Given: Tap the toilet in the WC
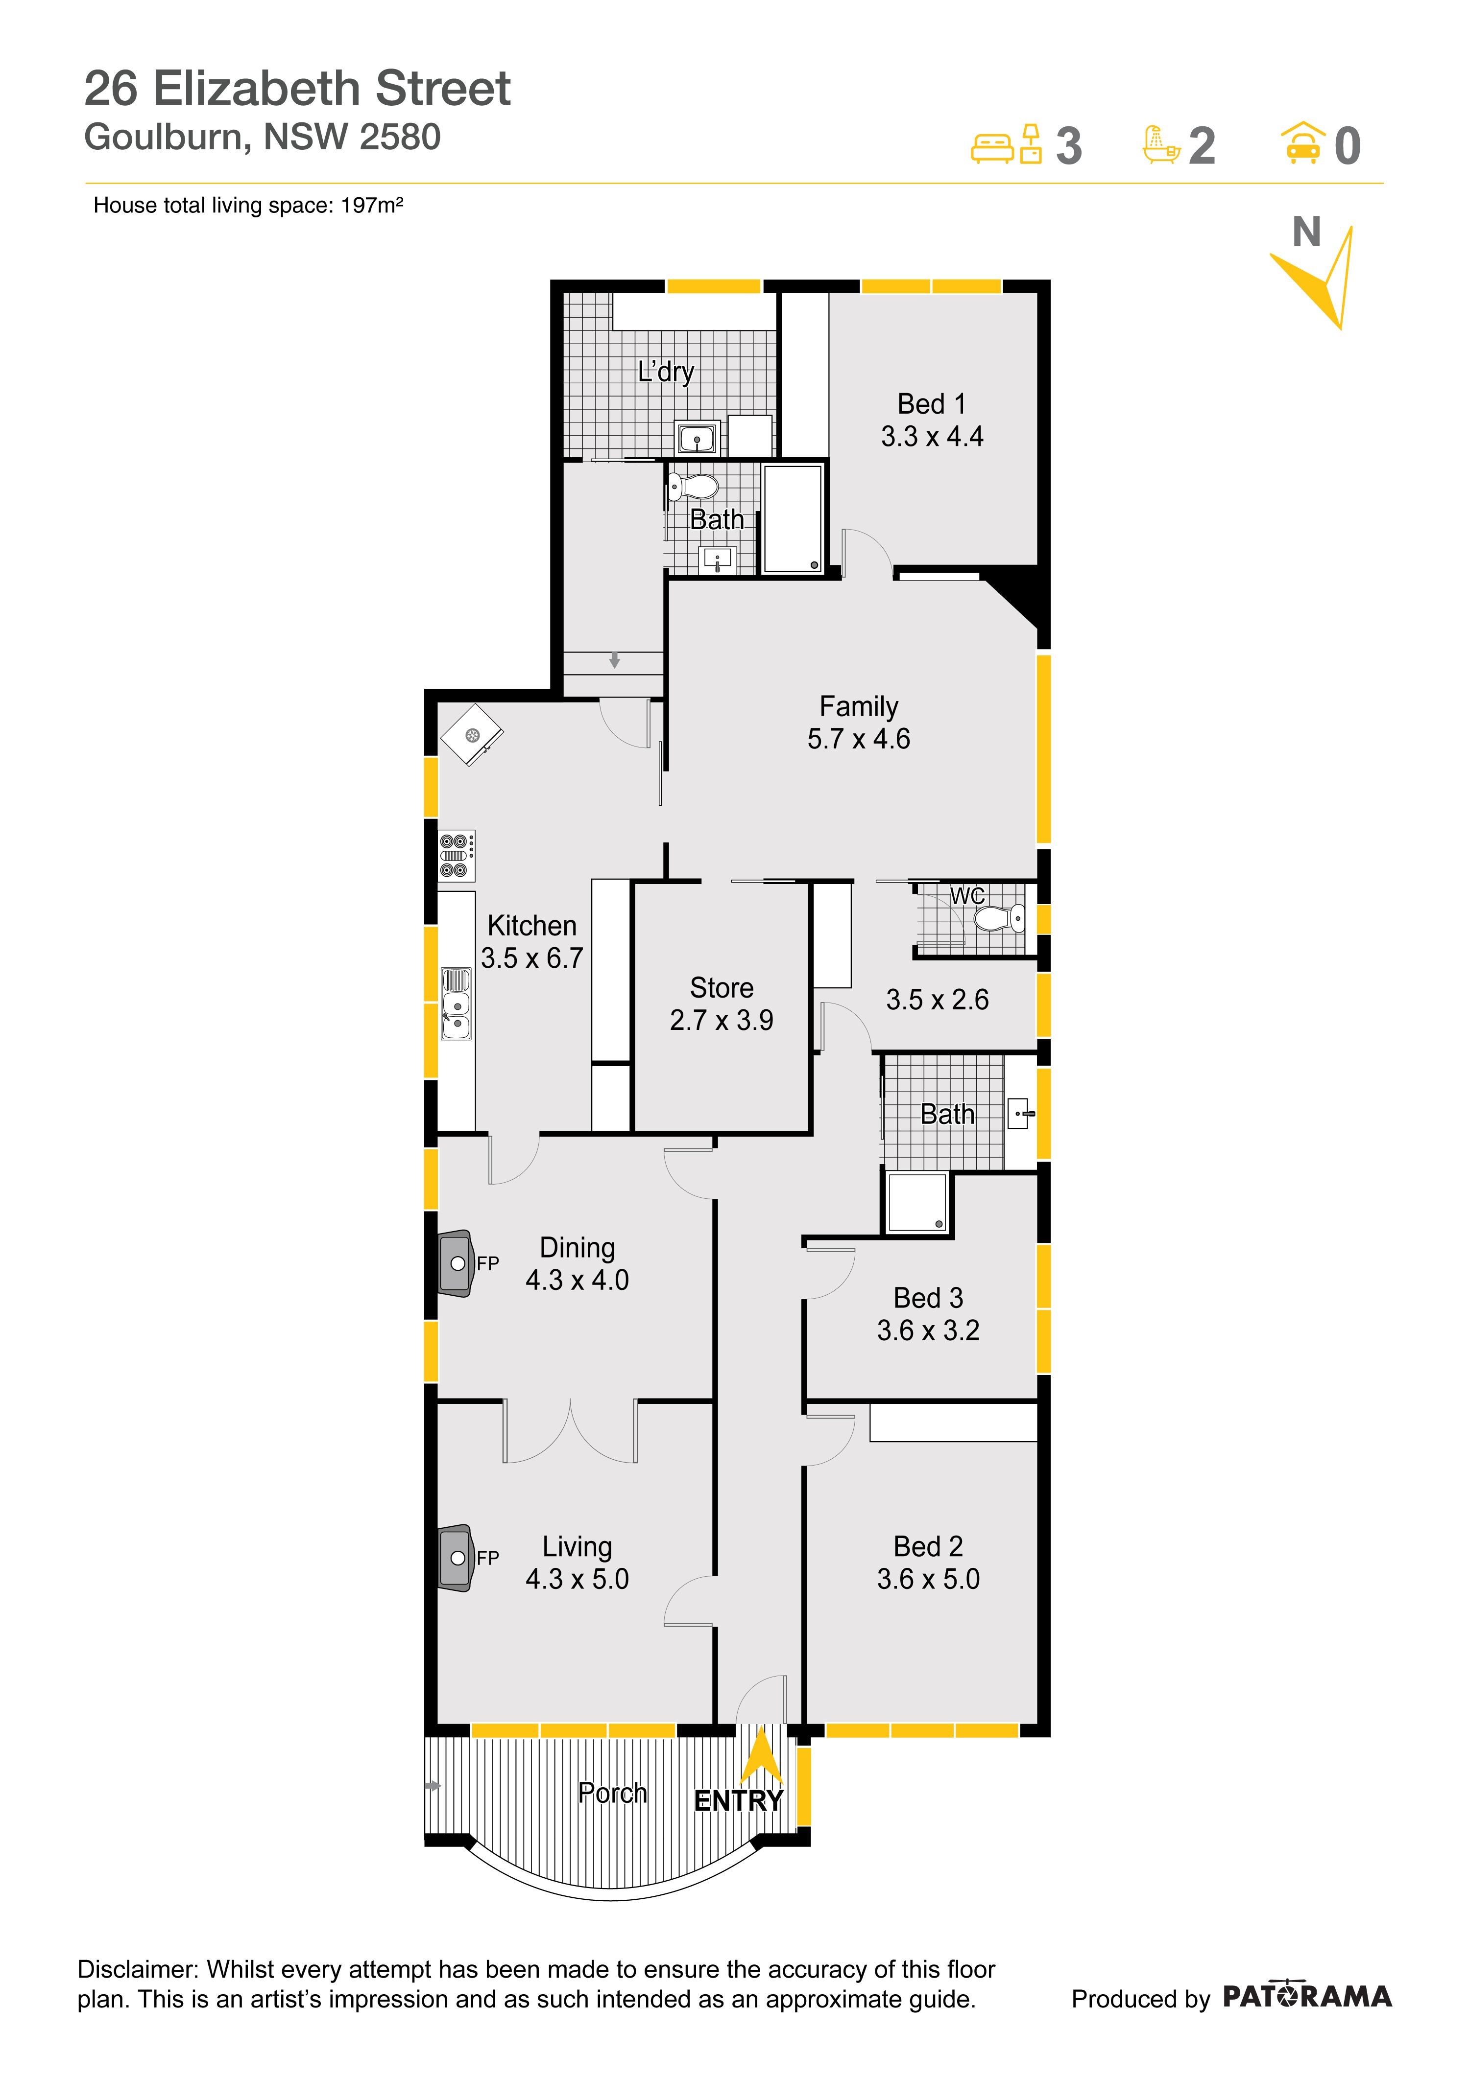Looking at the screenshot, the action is click(x=1000, y=920).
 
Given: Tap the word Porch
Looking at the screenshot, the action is click(x=612, y=1793).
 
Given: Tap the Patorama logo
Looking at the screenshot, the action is click(x=1307, y=1996).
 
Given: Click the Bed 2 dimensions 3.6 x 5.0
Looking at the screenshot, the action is click(x=928, y=1579).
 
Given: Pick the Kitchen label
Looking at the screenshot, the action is click(x=532, y=925).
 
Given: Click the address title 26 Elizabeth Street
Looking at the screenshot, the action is click(x=298, y=89).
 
